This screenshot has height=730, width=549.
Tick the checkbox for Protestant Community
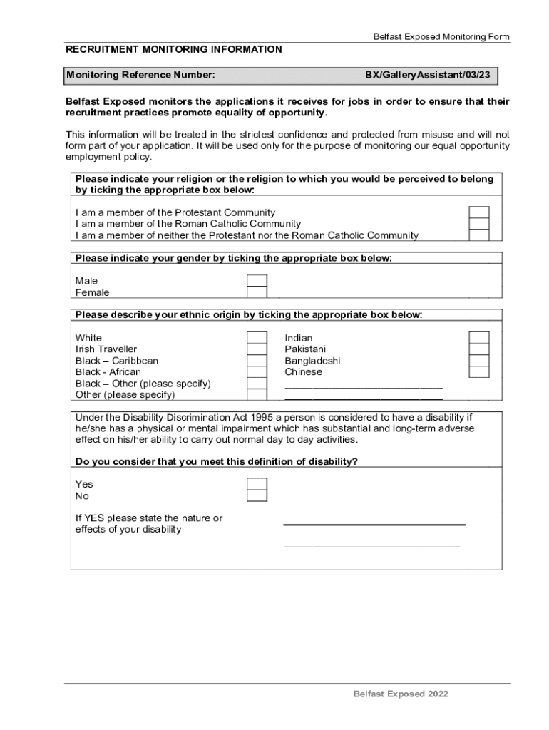pos(478,212)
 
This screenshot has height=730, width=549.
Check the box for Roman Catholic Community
pos(478,224)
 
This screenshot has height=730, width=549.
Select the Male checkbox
pos(257,281)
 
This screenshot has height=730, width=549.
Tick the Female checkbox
pos(257,292)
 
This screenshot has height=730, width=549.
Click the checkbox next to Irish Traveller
pos(257,349)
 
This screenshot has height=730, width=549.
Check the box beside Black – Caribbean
pos(257,361)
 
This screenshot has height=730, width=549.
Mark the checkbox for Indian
pos(478,338)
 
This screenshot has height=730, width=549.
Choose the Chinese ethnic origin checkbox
pos(478,371)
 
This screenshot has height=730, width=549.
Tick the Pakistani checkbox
pos(478,349)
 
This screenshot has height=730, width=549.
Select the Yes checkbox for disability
pos(257,484)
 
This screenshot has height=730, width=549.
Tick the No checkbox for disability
pos(257,495)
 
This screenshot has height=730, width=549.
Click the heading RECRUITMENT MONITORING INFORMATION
pos(173,50)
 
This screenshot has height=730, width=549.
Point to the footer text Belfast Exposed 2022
pos(401,694)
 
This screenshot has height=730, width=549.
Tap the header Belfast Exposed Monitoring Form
pos(441,37)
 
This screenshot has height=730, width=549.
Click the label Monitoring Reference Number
pos(140,75)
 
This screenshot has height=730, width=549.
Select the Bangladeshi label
pos(312,361)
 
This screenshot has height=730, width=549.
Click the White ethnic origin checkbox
pos(257,338)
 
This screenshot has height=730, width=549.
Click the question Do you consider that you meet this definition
pos(216,461)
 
